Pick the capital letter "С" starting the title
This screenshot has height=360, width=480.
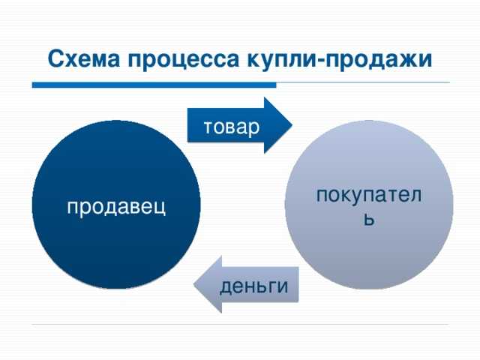click(x=52, y=58)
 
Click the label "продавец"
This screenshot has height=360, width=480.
click(x=116, y=205)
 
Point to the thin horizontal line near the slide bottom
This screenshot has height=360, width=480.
click(x=240, y=325)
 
